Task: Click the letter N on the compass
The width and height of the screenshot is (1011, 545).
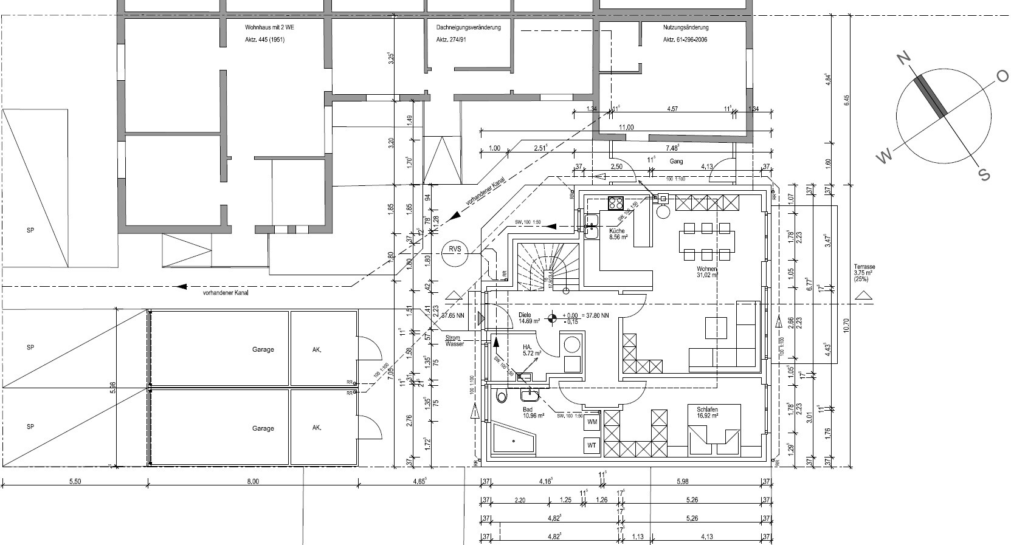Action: pos(904,58)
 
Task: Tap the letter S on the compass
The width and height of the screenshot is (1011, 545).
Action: pos(983,175)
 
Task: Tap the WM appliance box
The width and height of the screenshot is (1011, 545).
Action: pos(592,421)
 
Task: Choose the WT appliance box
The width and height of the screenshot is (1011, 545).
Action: pos(592,445)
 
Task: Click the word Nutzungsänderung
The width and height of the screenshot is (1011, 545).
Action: pos(686,28)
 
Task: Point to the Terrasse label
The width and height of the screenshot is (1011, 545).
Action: pos(864,267)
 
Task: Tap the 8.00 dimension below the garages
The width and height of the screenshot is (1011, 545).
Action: pos(253,482)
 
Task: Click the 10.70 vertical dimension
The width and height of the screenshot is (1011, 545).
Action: pos(846,326)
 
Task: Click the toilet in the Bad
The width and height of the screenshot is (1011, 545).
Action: pos(502,397)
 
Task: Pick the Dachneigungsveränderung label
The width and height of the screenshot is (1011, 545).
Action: pos(468,28)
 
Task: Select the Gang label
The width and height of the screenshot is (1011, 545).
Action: pos(677,162)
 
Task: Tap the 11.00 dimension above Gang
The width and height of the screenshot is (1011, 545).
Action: pos(626,128)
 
